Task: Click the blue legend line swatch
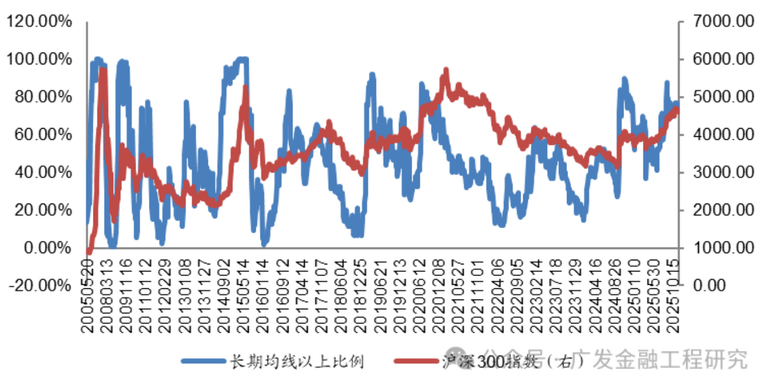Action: point(202,361)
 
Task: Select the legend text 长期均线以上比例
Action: point(295,361)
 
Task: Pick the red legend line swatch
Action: point(416,361)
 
